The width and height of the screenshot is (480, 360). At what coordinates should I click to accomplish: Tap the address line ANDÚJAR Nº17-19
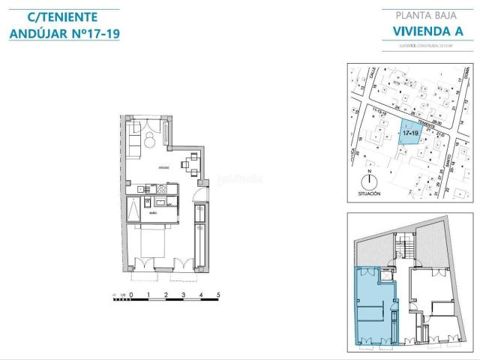64,34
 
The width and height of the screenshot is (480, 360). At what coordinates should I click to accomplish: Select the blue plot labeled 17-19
408,132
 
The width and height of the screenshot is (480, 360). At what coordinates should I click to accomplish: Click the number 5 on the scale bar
218,295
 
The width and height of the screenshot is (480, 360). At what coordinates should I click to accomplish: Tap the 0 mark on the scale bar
130,295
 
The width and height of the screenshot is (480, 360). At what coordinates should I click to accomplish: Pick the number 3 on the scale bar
183,295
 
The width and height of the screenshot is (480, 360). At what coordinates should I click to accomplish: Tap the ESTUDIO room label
163,167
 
